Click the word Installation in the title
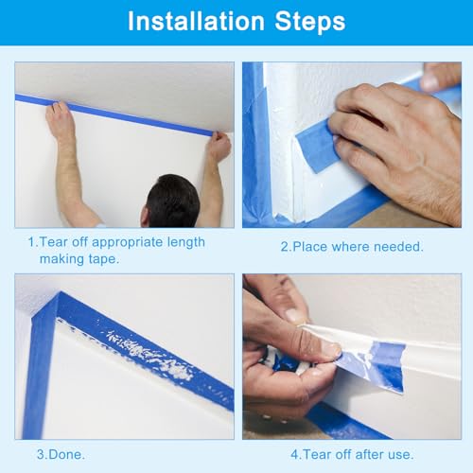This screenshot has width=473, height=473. coord(196,22)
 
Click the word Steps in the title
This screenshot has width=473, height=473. coord(310,22)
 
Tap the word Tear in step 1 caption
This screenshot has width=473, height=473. coord(54,242)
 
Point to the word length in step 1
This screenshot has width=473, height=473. coord(186,242)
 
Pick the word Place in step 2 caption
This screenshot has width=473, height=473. coord(310,247)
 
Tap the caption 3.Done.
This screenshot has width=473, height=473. coord(61,454)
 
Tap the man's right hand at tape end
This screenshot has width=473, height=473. coord(219,147)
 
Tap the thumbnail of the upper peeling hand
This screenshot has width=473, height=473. coord(294,315)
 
